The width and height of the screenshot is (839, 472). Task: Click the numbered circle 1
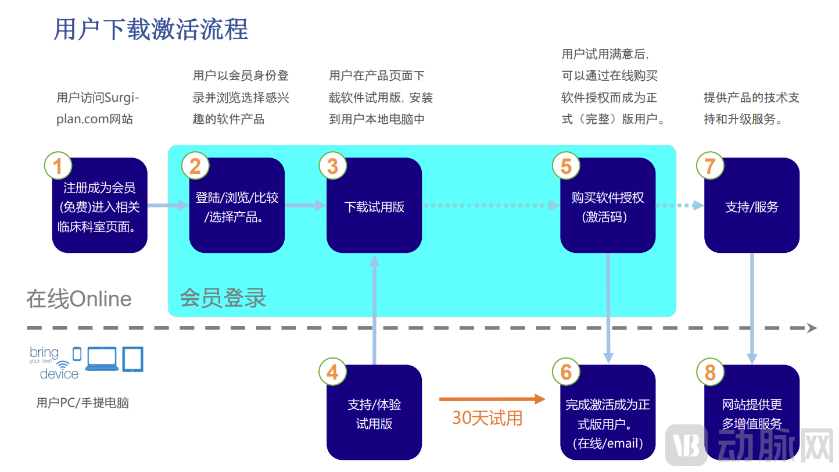[x=58, y=166]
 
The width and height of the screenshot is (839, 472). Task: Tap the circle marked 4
[x=332, y=372]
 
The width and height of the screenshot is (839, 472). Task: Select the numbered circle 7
[x=710, y=166]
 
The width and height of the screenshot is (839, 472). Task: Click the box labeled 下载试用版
[x=374, y=207]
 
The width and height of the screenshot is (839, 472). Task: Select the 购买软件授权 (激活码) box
[x=608, y=207]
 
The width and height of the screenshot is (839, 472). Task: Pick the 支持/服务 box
[x=752, y=207]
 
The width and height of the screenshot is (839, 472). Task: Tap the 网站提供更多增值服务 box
[x=752, y=414]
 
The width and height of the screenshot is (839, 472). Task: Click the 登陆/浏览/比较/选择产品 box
[x=237, y=207]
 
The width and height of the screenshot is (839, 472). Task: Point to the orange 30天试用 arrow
[x=492, y=399]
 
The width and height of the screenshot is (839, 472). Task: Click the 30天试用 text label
[x=487, y=418]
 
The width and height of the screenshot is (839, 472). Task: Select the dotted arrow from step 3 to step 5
[x=490, y=205]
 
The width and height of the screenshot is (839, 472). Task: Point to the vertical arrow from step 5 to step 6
[x=608, y=308]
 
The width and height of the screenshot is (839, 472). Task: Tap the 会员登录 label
[x=223, y=298]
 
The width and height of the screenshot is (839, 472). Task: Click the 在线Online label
[x=79, y=299]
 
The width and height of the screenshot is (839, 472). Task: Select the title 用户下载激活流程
[x=151, y=29]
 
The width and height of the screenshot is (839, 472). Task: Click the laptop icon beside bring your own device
[x=102, y=359]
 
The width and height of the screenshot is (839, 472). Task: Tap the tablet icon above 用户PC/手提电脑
[x=132, y=359]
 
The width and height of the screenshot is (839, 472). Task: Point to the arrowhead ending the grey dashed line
[x=811, y=328]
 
